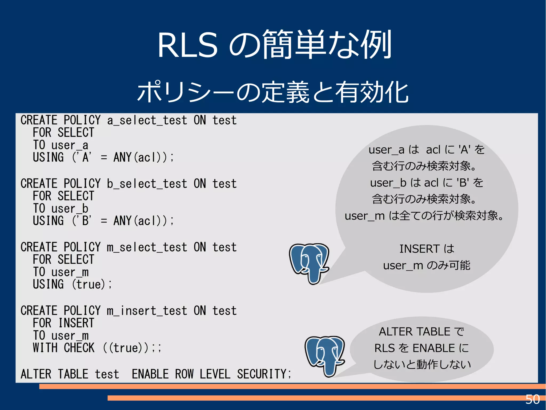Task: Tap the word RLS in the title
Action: tap(187, 45)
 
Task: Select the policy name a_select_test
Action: tap(147, 120)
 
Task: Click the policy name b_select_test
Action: tap(147, 184)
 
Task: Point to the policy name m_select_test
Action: tap(147, 247)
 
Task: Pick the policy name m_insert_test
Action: tap(147, 311)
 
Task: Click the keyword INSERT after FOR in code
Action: tap(76, 323)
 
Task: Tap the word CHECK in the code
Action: tap(79, 348)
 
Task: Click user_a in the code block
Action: tap(70, 145)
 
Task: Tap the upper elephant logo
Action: tap(310, 263)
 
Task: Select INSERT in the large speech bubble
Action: tap(419, 249)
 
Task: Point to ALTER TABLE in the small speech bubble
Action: tap(415, 332)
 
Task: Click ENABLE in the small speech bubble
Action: tap(433, 348)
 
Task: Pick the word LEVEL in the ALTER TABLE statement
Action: tap(215, 374)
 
